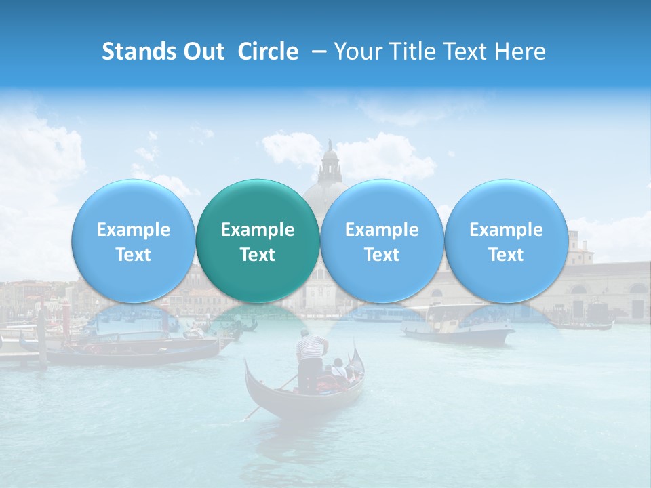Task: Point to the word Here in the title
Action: click(521, 52)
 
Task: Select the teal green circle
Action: click(258, 241)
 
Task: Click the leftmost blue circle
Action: click(133, 241)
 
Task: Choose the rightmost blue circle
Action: click(506, 241)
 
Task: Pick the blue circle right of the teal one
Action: click(382, 241)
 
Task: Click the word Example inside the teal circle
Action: click(258, 230)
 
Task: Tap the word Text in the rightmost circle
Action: click(506, 255)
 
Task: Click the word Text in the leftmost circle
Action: click(133, 255)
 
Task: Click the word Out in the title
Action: click(201, 52)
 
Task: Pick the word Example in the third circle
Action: click(382, 230)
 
